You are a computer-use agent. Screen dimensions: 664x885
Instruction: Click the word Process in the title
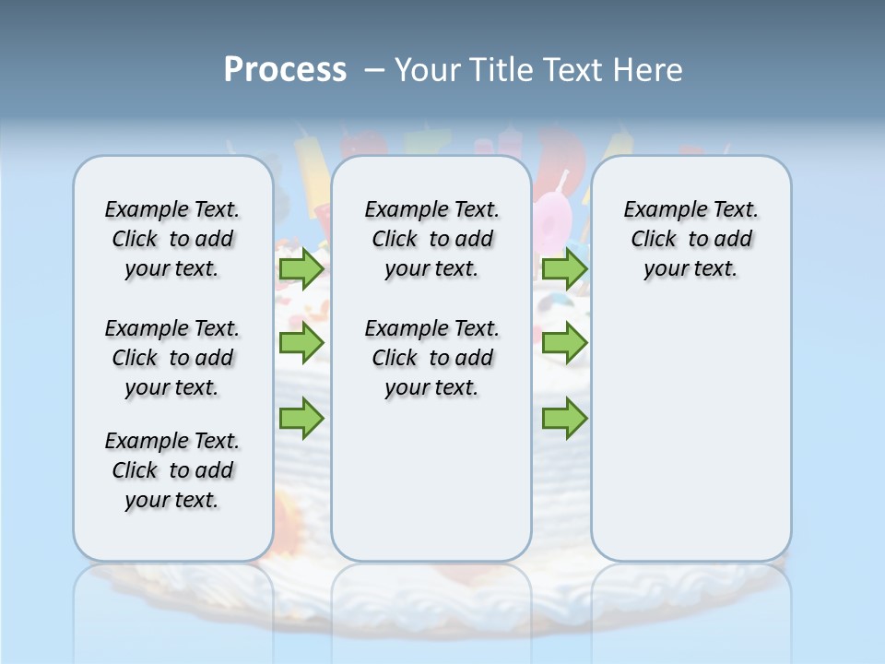[x=285, y=70]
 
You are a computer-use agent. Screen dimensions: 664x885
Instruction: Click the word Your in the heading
[x=428, y=70]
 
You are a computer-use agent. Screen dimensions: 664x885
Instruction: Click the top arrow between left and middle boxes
[x=301, y=269]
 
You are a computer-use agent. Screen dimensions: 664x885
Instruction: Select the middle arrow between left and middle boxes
[x=301, y=343]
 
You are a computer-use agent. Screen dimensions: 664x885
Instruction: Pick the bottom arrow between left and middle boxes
[x=301, y=419]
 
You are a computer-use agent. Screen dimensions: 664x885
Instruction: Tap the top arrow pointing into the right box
[x=564, y=269]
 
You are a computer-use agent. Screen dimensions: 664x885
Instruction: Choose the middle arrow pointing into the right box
[x=564, y=343]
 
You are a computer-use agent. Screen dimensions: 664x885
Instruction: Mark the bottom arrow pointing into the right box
[x=564, y=419]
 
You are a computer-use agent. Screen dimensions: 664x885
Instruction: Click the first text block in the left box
[x=172, y=239]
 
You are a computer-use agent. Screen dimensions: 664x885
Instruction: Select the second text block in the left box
[x=172, y=358]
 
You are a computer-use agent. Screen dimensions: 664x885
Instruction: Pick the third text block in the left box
[x=172, y=470]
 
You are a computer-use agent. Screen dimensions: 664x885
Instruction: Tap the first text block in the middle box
[x=431, y=239]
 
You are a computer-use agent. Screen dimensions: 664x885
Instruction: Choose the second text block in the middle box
[x=431, y=358]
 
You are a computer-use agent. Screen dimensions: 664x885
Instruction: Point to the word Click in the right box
[x=654, y=240]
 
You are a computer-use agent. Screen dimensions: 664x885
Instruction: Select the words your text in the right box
[x=690, y=269]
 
